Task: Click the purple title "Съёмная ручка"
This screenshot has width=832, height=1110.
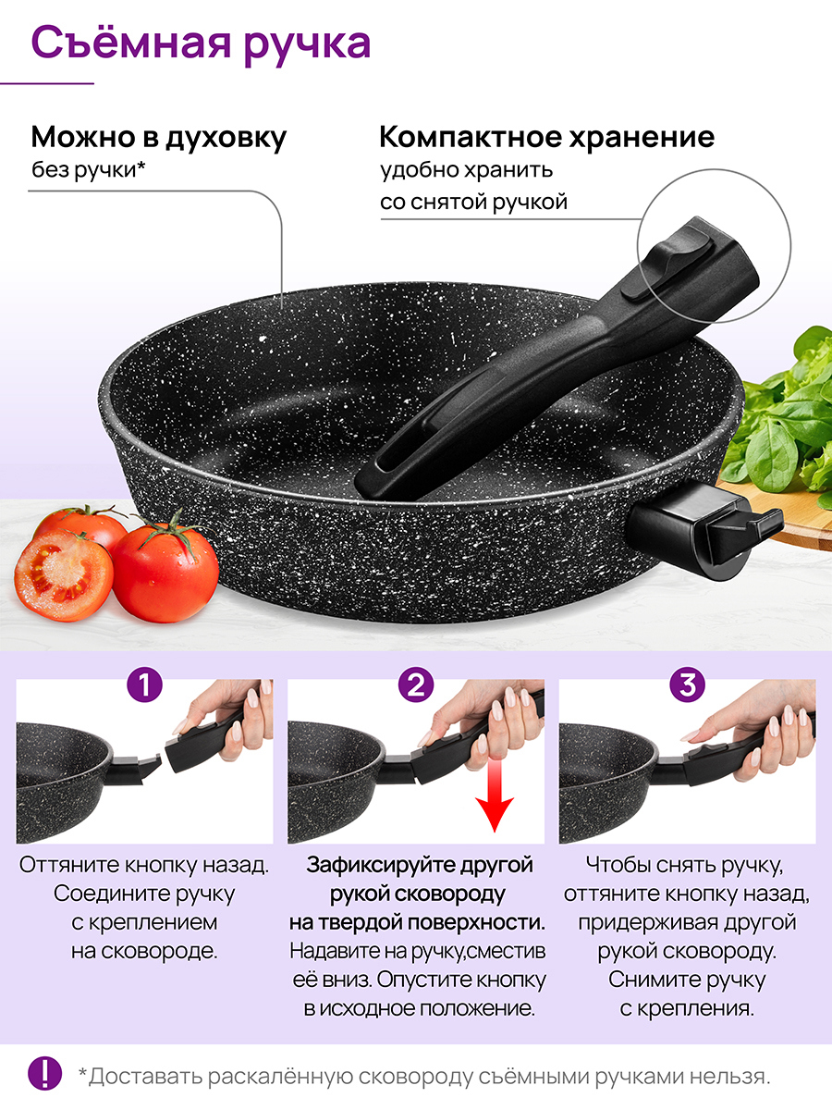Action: coord(201,44)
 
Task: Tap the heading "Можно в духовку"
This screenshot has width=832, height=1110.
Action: coord(159,137)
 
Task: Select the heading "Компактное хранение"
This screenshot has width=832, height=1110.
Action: coord(547,137)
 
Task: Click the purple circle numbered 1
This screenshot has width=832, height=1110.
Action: coord(144,684)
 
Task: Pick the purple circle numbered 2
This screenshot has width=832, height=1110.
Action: coord(416,684)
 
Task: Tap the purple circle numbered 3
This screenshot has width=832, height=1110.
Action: coord(687,684)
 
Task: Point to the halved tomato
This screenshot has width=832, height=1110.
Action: coord(64,575)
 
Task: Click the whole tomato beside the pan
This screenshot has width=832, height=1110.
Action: coord(165,572)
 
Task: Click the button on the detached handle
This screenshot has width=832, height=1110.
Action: coord(667,265)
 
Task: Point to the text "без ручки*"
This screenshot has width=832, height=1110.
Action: coord(89,171)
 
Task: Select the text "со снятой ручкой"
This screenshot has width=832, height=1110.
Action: coord(474,203)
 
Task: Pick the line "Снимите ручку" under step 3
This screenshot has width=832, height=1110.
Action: coord(687,979)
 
